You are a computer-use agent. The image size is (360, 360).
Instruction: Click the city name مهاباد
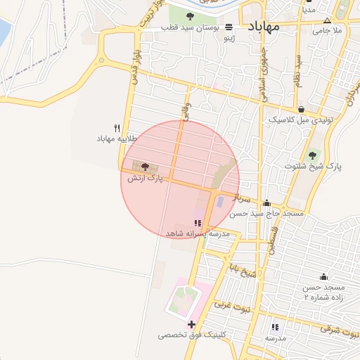point(264,26)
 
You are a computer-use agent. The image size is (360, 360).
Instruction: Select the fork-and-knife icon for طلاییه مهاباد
point(117,129)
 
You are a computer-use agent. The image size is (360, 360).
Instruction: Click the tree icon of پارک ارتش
point(145,167)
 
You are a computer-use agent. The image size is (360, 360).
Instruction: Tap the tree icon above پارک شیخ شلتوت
point(313,155)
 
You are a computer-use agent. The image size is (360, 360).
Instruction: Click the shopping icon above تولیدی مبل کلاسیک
point(302,109)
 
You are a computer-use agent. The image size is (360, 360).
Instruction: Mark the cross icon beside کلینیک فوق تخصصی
point(191,324)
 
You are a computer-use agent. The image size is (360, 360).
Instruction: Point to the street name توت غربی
point(223,304)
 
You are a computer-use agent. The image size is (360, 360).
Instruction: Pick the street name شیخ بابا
point(240,270)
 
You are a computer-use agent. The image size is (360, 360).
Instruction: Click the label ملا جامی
point(327,30)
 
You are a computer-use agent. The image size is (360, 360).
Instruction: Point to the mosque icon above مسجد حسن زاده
point(323,277)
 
